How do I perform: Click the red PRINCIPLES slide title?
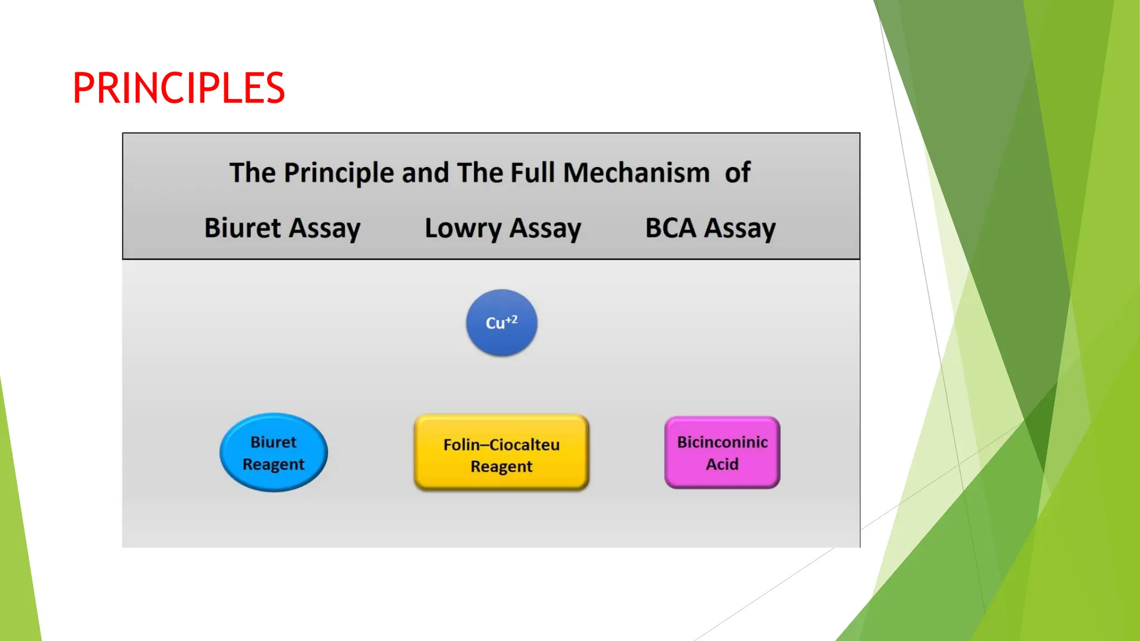click(179, 88)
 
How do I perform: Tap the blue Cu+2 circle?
click(502, 323)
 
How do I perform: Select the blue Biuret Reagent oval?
click(273, 452)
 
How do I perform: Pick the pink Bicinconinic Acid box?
click(722, 452)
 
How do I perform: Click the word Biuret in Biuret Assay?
click(243, 228)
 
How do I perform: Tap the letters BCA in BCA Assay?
click(671, 228)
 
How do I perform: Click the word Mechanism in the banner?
click(636, 172)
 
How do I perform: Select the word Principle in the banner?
click(340, 173)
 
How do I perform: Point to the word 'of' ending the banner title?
click(738, 172)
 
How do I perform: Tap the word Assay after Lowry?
click(546, 229)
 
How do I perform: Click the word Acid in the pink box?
click(722, 464)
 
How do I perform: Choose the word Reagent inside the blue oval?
click(273, 465)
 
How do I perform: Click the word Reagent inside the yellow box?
click(502, 466)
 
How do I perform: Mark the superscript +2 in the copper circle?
click(512, 319)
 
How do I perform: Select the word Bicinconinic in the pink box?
click(722, 442)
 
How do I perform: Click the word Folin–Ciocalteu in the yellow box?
click(502, 445)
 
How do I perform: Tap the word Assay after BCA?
click(740, 229)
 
